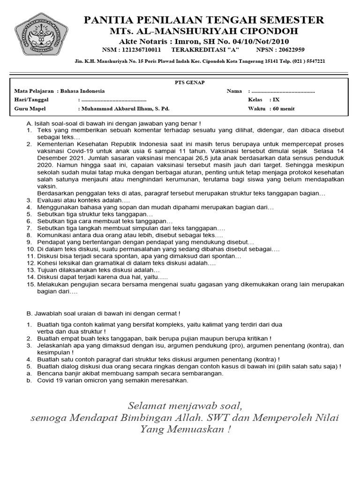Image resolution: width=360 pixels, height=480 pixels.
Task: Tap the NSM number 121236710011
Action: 140,49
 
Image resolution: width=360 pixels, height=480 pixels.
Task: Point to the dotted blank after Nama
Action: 283,91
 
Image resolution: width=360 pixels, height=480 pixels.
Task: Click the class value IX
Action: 276,100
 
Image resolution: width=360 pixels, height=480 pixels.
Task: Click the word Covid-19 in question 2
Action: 79,151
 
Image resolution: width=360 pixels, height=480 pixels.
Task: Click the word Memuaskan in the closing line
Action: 197,429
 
